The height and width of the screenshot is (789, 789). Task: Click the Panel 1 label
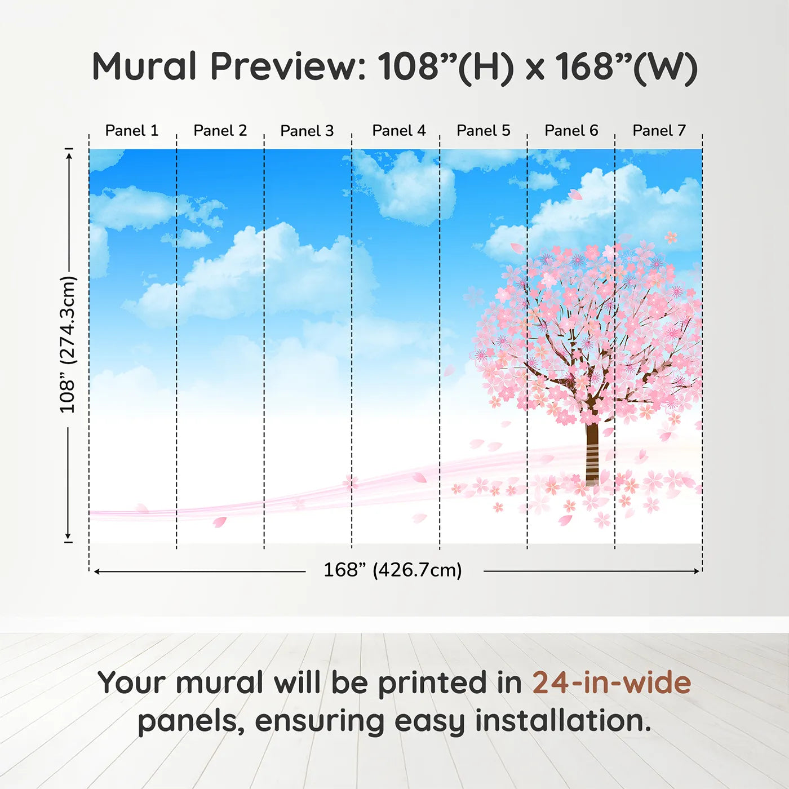[132, 131]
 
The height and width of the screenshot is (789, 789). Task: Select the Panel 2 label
[220, 131]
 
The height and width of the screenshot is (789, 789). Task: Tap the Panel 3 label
[307, 131]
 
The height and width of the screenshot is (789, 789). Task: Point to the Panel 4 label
[398, 131]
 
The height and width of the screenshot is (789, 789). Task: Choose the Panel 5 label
[483, 131]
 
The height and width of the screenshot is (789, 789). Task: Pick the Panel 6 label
[571, 131]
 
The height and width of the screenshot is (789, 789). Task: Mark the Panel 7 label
[659, 131]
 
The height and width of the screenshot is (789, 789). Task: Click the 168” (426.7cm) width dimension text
[392, 570]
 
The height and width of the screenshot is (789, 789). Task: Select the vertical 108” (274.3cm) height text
[68, 345]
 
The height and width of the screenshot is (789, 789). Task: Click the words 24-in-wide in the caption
[611, 683]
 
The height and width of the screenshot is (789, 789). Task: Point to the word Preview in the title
[288, 67]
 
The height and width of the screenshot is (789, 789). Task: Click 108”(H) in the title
[446, 67]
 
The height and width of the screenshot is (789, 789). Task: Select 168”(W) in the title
[626, 67]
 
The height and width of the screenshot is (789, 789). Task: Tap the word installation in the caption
[562, 721]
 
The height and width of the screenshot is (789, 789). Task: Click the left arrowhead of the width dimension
[97, 571]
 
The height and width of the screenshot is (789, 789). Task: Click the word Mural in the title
[144, 67]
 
